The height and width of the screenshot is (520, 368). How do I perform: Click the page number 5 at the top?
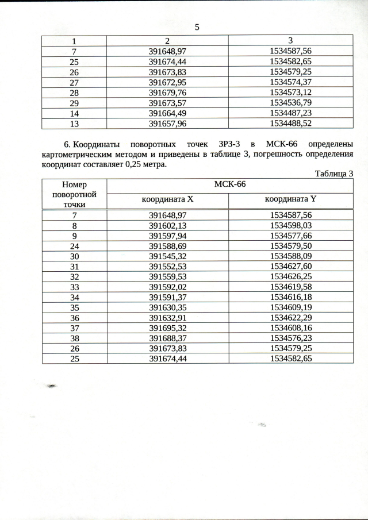(x=197, y=28)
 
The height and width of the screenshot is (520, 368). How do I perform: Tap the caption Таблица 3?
(x=333, y=174)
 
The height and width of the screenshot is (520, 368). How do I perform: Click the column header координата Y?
(x=290, y=199)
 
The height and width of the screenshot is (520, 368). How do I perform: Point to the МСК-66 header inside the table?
(x=229, y=185)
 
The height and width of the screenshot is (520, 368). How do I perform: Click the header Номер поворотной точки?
(x=74, y=194)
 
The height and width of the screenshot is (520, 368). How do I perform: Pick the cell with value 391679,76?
(x=167, y=93)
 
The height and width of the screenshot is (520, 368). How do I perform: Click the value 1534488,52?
(x=290, y=124)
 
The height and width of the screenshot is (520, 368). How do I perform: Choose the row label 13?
(x=74, y=124)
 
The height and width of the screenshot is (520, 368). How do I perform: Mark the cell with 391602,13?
(x=167, y=226)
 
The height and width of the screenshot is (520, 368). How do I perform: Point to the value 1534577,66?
(x=290, y=236)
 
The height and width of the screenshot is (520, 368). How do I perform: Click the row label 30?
(x=74, y=256)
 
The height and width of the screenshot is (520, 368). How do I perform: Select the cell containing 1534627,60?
(x=290, y=267)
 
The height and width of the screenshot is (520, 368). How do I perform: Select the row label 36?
(x=74, y=318)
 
